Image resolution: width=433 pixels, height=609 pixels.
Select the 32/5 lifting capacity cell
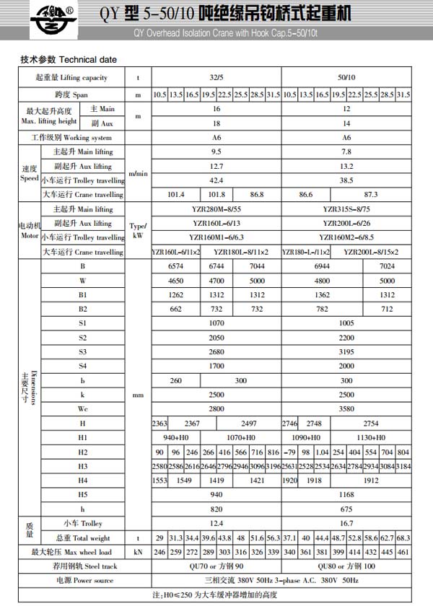[216, 77]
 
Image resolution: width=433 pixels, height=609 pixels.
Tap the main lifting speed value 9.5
[216, 152]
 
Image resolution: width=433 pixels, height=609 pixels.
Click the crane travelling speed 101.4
[176, 194]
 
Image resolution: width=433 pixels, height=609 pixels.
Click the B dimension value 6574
[176, 267]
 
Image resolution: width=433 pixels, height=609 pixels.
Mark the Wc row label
[83, 408]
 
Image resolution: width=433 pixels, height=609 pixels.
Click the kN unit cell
[137, 552]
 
